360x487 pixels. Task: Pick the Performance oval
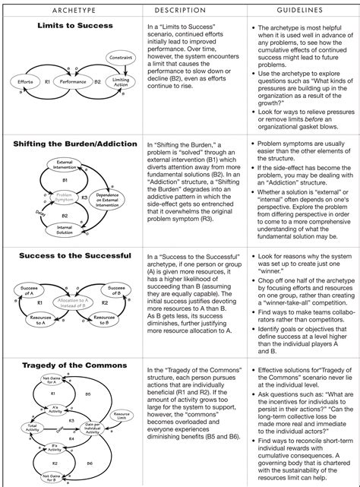(x=72, y=80)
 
